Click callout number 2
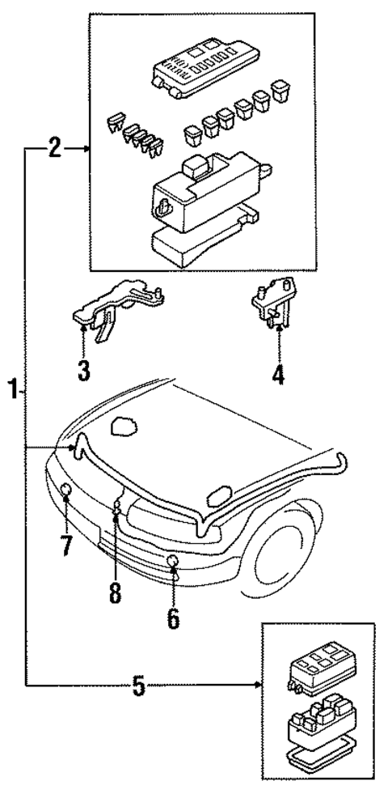tap(54, 148)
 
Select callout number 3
tap(84, 372)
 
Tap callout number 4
tap(277, 376)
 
